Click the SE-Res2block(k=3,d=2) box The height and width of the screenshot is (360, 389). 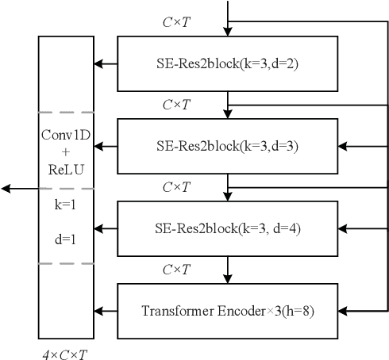coord(227,63)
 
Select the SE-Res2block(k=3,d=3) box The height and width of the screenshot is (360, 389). coord(227,145)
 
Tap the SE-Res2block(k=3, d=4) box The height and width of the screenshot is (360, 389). coord(227,228)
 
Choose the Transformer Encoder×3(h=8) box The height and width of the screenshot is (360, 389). coord(227,311)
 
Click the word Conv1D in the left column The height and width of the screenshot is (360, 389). coord(66,134)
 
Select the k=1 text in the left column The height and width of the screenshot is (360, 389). coord(66,205)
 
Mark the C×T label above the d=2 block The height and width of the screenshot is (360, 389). coord(175,22)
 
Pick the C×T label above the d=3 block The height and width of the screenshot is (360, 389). coord(175,105)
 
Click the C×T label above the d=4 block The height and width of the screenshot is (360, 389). coord(175,187)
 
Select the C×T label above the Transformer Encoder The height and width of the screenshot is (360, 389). coord(175,270)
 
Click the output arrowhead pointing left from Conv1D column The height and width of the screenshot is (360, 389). coord(6,188)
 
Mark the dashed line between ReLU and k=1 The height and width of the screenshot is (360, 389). coord(66,188)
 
